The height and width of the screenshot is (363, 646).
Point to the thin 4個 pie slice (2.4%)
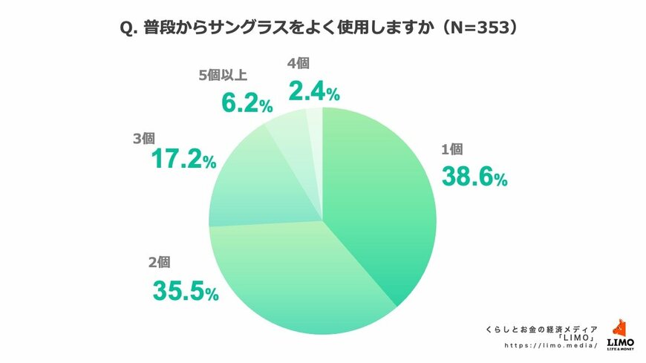click(315, 122)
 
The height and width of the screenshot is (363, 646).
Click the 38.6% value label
click(474, 177)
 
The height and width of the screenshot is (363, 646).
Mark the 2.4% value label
click(313, 92)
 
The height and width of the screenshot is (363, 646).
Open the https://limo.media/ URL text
click(550, 346)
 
